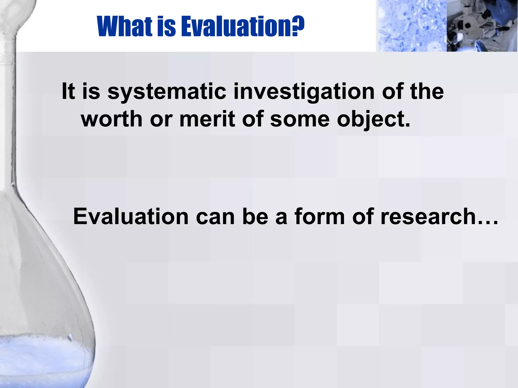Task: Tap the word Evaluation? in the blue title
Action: pyautogui.click(x=243, y=27)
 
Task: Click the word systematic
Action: pyautogui.click(x=167, y=91)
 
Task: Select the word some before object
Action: pyautogui.click(x=300, y=119)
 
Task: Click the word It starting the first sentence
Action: pyautogui.click(x=68, y=91)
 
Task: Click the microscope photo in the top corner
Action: pyautogui.click(x=482, y=26)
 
